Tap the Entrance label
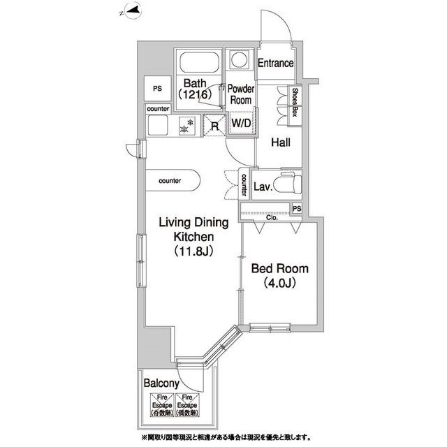(275, 64)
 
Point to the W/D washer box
(241, 124)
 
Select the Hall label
(281, 143)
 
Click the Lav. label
(262, 186)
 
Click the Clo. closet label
(271, 217)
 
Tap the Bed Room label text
(279, 269)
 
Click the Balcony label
(162, 383)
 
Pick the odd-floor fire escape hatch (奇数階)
(160, 404)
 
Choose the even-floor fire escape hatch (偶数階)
(188, 404)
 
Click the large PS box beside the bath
(157, 89)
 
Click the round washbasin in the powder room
(241, 60)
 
